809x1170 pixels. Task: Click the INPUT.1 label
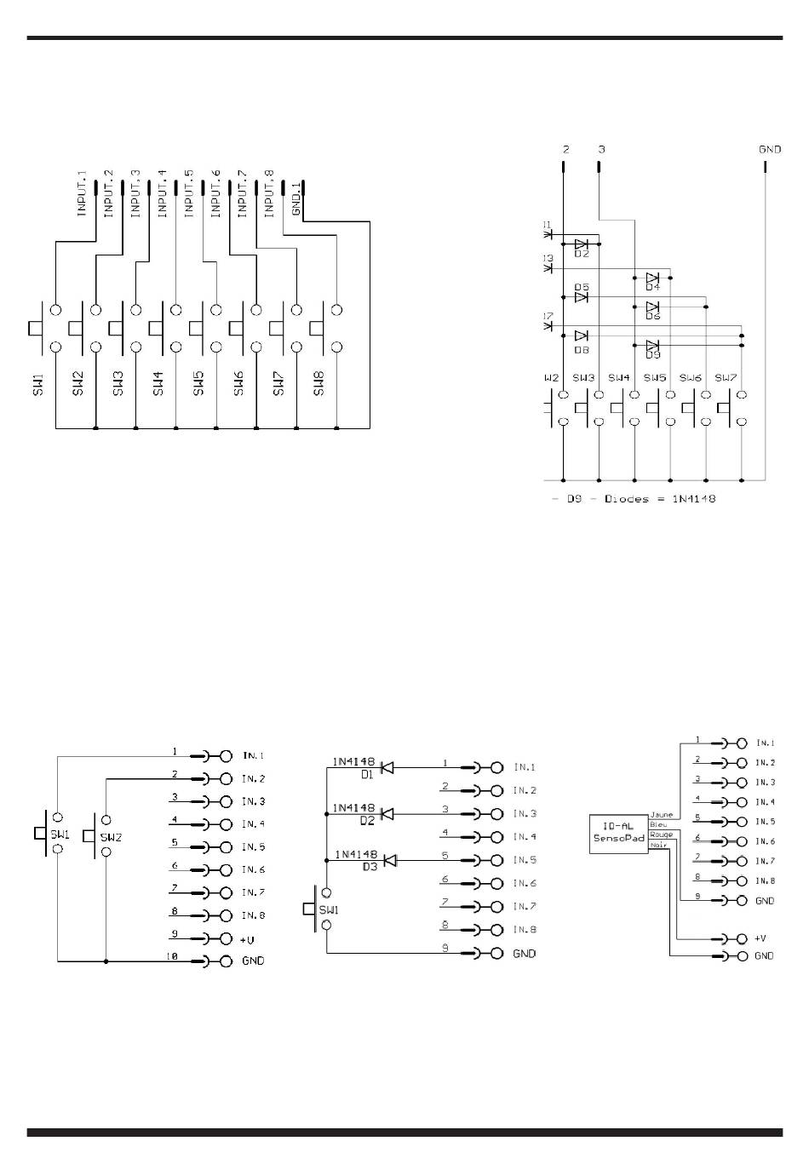coord(83,193)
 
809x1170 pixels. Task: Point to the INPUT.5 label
coord(189,193)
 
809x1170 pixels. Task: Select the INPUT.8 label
coord(269,193)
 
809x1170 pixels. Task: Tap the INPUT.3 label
coord(135,193)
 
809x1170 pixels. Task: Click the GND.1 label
coord(296,199)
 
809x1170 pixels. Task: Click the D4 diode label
coord(652,287)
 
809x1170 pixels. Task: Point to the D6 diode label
coord(652,316)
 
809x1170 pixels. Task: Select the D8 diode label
coord(582,349)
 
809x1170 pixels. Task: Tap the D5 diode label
coord(582,288)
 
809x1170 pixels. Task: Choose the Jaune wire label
coord(661,815)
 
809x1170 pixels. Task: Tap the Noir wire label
coord(659,845)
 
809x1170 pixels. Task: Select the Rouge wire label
coord(661,834)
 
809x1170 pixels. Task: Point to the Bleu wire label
coord(658,824)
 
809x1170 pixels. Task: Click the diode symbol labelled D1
coord(386,767)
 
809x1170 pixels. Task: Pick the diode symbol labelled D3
coord(390,861)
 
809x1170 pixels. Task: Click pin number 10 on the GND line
coord(172,957)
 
